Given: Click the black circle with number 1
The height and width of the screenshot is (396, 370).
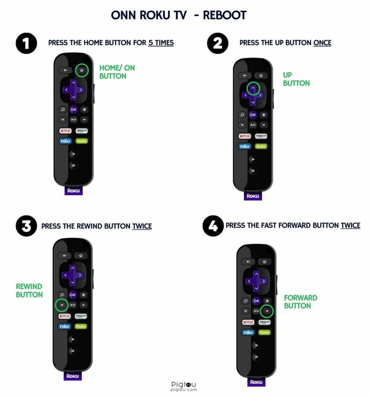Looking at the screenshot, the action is click(x=26, y=43).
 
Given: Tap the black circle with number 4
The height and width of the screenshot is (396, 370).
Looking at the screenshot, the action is click(x=213, y=226).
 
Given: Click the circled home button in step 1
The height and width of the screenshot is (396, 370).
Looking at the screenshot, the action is click(x=82, y=70).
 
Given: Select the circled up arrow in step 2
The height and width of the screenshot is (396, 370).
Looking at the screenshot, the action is click(x=253, y=88).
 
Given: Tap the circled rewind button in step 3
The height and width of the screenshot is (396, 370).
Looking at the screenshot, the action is click(x=62, y=305).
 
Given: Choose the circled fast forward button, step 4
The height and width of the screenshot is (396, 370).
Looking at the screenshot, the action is click(x=267, y=311).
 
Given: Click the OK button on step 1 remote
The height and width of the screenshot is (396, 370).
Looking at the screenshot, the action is click(x=74, y=109).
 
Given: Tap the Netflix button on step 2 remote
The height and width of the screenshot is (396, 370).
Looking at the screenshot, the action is click(x=245, y=136).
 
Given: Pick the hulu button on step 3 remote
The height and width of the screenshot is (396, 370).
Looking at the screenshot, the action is click(x=81, y=326).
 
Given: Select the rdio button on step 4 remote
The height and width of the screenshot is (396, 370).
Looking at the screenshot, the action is click(x=248, y=332).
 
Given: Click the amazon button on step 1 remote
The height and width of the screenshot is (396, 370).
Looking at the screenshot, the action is click(x=82, y=131).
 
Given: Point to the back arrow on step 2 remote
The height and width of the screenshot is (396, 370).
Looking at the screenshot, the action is click(x=245, y=75).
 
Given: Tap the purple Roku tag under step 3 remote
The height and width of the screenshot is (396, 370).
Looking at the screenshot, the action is click(x=72, y=376).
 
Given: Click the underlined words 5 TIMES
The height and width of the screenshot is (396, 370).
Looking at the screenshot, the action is click(x=161, y=43).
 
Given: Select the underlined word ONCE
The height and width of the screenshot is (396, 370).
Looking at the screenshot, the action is click(x=322, y=43).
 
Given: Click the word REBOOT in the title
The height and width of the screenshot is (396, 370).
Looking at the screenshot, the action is click(x=225, y=15).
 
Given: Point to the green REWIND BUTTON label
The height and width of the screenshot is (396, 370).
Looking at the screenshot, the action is click(x=29, y=290).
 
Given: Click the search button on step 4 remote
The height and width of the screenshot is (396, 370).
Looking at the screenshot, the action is click(x=245, y=301).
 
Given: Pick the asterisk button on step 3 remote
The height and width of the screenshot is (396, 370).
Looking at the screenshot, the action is click(x=83, y=295).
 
